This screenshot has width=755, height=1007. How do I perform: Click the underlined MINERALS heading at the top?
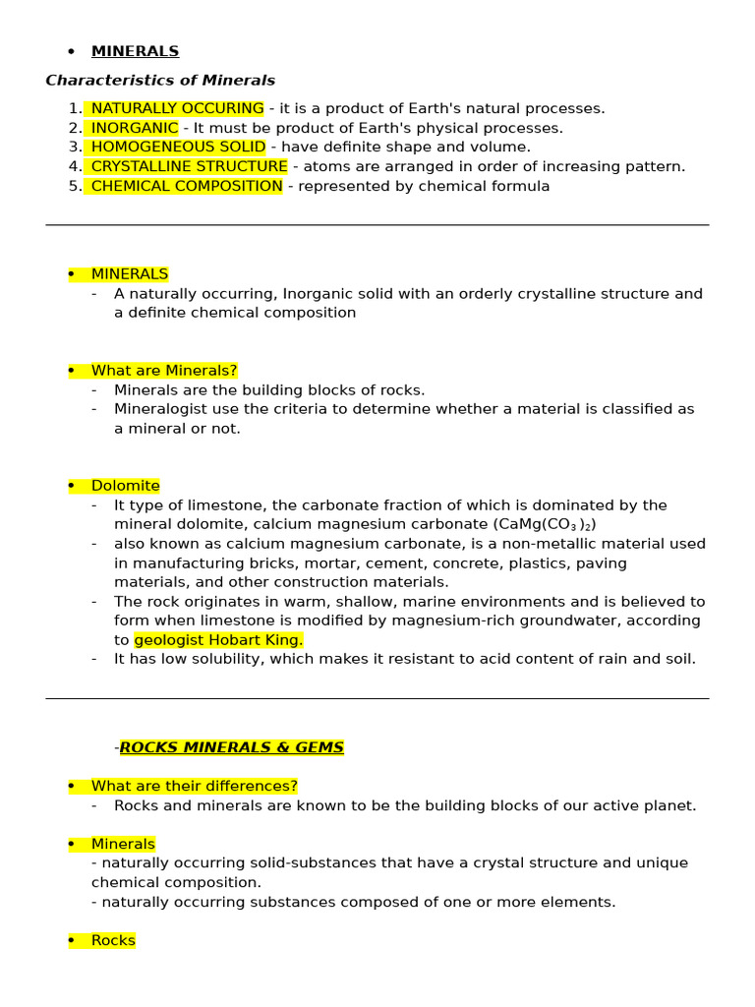pyautogui.click(x=135, y=51)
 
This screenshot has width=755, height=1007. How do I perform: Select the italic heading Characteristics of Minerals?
pyautogui.click(x=160, y=81)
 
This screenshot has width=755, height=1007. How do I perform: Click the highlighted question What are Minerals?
pyautogui.click(x=164, y=371)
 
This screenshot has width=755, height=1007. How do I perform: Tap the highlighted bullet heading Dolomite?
pyautogui.click(x=125, y=486)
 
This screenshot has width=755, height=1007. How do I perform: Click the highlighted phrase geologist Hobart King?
pyautogui.click(x=218, y=640)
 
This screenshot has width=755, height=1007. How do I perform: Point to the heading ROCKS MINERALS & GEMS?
pyautogui.click(x=232, y=747)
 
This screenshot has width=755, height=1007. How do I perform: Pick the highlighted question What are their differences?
pyautogui.click(x=194, y=786)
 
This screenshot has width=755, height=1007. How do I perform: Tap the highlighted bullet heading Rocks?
pyautogui.click(x=113, y=940)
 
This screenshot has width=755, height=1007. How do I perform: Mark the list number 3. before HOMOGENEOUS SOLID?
pyautogui.click(x=75, y=147)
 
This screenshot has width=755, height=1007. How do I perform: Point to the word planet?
pyautogui.click(x=669, y=805)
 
